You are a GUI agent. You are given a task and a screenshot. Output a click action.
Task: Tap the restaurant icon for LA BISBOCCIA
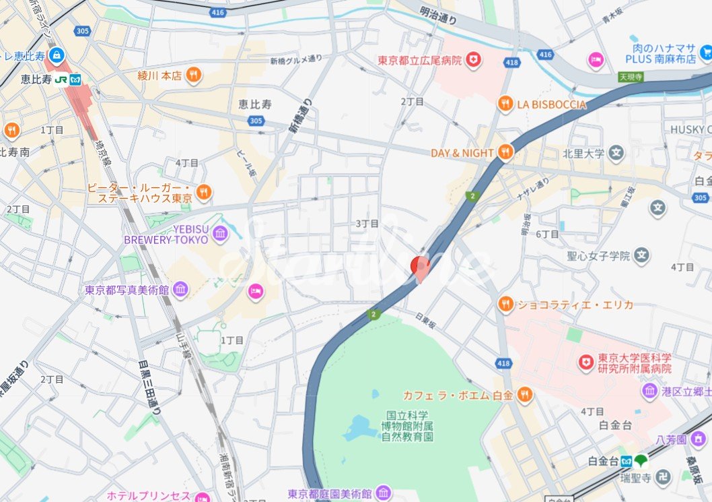click(505, 104)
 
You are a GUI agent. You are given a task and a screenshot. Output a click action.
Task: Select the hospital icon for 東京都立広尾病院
click(474, 60)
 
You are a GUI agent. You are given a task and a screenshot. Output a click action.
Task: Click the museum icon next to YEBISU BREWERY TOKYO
click(219, 234)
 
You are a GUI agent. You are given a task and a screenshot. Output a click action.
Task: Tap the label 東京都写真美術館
click(127, 290)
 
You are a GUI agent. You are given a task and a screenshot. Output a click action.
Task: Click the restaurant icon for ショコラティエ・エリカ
click(505, 305)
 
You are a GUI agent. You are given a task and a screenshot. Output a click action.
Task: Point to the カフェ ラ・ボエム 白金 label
click(456, 396)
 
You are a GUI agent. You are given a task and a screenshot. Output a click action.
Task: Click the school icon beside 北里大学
click(616, 153)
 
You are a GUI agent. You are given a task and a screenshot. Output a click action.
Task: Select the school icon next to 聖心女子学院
click(643, 255)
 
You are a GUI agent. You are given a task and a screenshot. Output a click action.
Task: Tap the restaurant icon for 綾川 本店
click(193, 75)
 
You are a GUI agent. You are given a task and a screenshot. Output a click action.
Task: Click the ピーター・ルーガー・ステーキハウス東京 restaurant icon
click(203, 193)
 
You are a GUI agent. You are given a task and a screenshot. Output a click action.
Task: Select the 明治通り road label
click(438, 15)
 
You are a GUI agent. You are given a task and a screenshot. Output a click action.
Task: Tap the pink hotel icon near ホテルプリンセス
click(202, 497)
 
